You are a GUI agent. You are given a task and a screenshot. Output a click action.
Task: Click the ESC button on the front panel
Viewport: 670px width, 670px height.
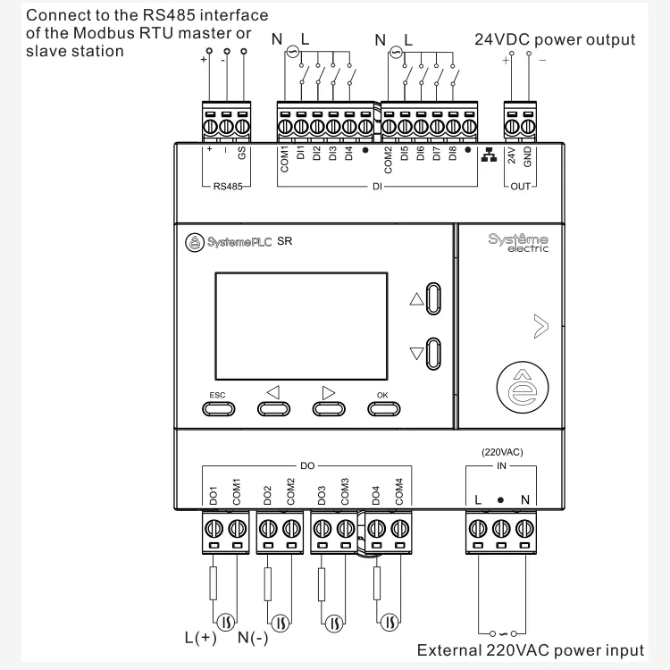tap(218, 408)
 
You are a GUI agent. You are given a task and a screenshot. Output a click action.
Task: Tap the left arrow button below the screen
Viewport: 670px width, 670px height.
tap(273, 408)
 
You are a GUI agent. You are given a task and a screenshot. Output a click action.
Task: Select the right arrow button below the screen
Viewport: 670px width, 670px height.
tap(328, 408)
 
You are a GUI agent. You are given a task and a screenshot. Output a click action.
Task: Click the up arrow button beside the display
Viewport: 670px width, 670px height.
tap(433, 299)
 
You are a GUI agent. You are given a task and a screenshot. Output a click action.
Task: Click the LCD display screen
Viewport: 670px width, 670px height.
tap(299, 327)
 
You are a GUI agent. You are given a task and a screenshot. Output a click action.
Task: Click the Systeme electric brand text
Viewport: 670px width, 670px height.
tap(518, 243)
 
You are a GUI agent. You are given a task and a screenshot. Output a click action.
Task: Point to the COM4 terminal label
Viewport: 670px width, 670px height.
tap(398, 490)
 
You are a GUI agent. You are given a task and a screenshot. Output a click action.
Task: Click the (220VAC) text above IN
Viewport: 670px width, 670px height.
tap(501, 452)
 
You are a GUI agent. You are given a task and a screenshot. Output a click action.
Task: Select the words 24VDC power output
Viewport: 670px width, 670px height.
tap(555, 39)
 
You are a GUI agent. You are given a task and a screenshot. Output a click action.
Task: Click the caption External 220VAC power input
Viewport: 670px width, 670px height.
tap(531, 650)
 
